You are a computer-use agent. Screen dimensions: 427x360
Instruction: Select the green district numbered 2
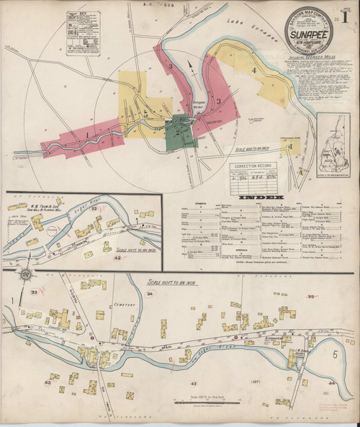point(177,132)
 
